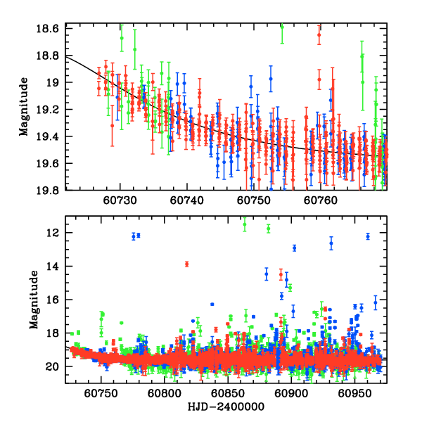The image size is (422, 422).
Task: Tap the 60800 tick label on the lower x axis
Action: coord(165,392)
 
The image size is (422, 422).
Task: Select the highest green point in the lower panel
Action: coord(245,224)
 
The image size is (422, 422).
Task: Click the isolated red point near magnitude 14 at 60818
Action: coord(187,264)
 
